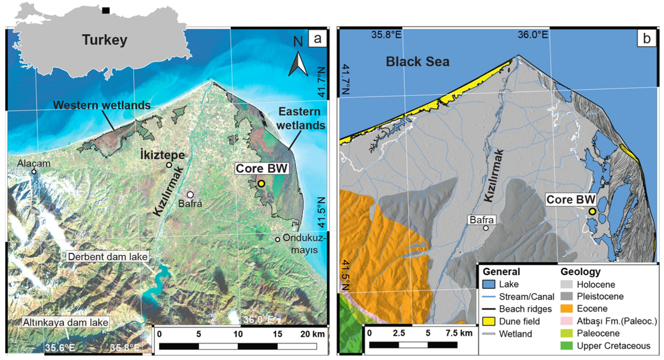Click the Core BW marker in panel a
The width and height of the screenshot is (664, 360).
point(261,183)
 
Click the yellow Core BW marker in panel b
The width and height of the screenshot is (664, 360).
point(592,211)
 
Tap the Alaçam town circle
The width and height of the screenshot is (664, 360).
point(34,171)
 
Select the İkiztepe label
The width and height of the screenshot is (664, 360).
point(162,155)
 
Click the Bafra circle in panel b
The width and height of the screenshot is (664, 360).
point(486,228)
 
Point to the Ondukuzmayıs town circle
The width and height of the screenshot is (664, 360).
point(277,239)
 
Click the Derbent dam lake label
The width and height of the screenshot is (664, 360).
point(108,257)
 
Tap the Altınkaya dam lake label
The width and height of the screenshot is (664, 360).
point(65,323)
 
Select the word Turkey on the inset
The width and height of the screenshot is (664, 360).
point(104,40)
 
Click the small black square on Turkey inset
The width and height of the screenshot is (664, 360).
point(106,10)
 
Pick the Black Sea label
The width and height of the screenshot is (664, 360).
point(417,62)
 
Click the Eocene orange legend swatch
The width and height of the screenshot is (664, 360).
point(566,309)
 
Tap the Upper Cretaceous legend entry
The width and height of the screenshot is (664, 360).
point(613,346)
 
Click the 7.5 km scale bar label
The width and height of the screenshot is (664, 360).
point(459,333)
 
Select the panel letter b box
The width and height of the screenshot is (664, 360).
point(646,38)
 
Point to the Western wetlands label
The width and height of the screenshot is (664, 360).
point(102,105)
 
